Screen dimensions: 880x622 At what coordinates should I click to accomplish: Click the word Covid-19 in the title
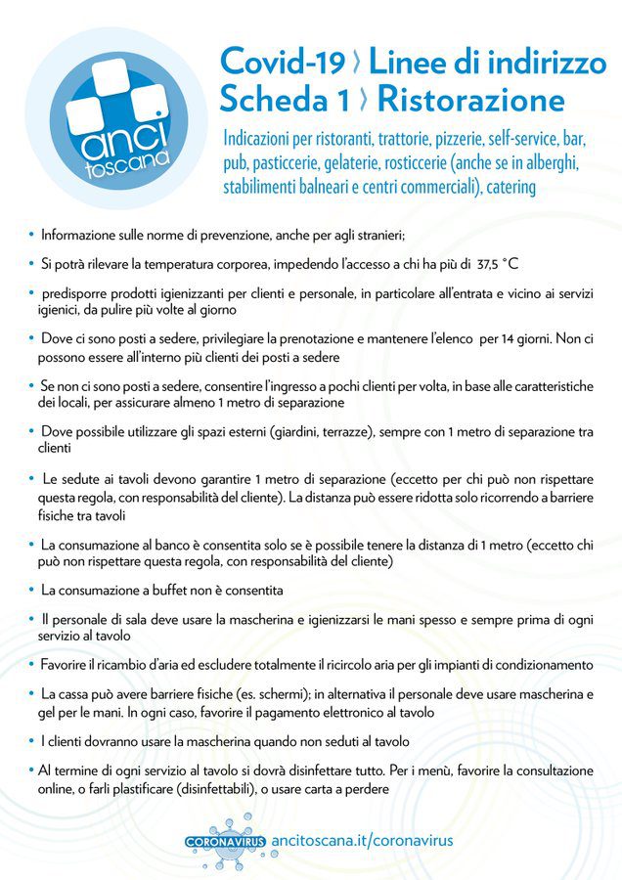click(283, 62)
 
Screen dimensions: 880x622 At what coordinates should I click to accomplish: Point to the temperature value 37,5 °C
click(497, 264)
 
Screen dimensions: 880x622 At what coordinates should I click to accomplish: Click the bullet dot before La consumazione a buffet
click(31, 590)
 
